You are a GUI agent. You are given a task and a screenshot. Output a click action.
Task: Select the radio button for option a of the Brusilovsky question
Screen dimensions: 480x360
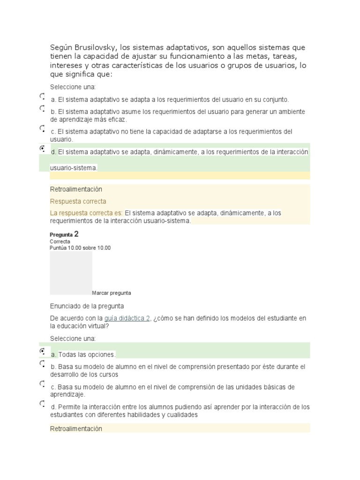coord(42,97)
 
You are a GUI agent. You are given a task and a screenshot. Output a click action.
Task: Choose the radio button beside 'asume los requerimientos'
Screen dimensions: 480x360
coord(42,108)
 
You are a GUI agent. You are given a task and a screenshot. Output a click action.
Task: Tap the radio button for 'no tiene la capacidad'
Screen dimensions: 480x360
coord(42,128)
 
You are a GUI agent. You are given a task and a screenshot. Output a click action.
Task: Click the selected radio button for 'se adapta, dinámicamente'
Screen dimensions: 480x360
coord(42,148)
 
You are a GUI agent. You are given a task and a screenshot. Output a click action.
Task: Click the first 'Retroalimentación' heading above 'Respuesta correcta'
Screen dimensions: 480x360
coord(76,189)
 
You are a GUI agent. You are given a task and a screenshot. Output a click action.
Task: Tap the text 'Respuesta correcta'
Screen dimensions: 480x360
coord(78,201)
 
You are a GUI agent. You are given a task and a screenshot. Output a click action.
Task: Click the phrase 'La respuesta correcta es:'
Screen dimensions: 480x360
coord(87,213)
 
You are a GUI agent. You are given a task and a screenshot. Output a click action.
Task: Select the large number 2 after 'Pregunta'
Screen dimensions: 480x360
coord(76,233)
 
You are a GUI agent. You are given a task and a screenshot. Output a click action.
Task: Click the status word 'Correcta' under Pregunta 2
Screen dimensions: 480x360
coord(60,241)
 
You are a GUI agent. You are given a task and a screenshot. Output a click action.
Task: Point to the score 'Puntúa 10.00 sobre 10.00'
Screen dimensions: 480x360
coord(80,248)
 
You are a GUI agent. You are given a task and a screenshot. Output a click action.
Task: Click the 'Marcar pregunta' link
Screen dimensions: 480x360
coord(112,293)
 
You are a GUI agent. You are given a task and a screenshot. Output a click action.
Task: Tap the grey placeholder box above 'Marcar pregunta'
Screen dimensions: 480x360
coord(71,273)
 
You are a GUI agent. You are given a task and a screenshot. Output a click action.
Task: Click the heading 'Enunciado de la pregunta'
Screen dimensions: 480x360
coord(87,306)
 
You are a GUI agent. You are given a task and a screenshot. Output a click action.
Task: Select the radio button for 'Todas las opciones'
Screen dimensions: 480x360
coord(42,351)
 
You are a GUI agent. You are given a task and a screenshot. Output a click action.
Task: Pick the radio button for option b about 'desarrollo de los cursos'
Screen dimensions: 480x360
coord(42,363)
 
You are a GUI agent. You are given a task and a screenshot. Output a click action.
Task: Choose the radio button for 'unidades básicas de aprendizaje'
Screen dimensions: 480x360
coord(42,383)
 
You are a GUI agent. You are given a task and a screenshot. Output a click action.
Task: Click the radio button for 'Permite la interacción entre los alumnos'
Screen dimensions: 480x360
coord(42,403)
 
